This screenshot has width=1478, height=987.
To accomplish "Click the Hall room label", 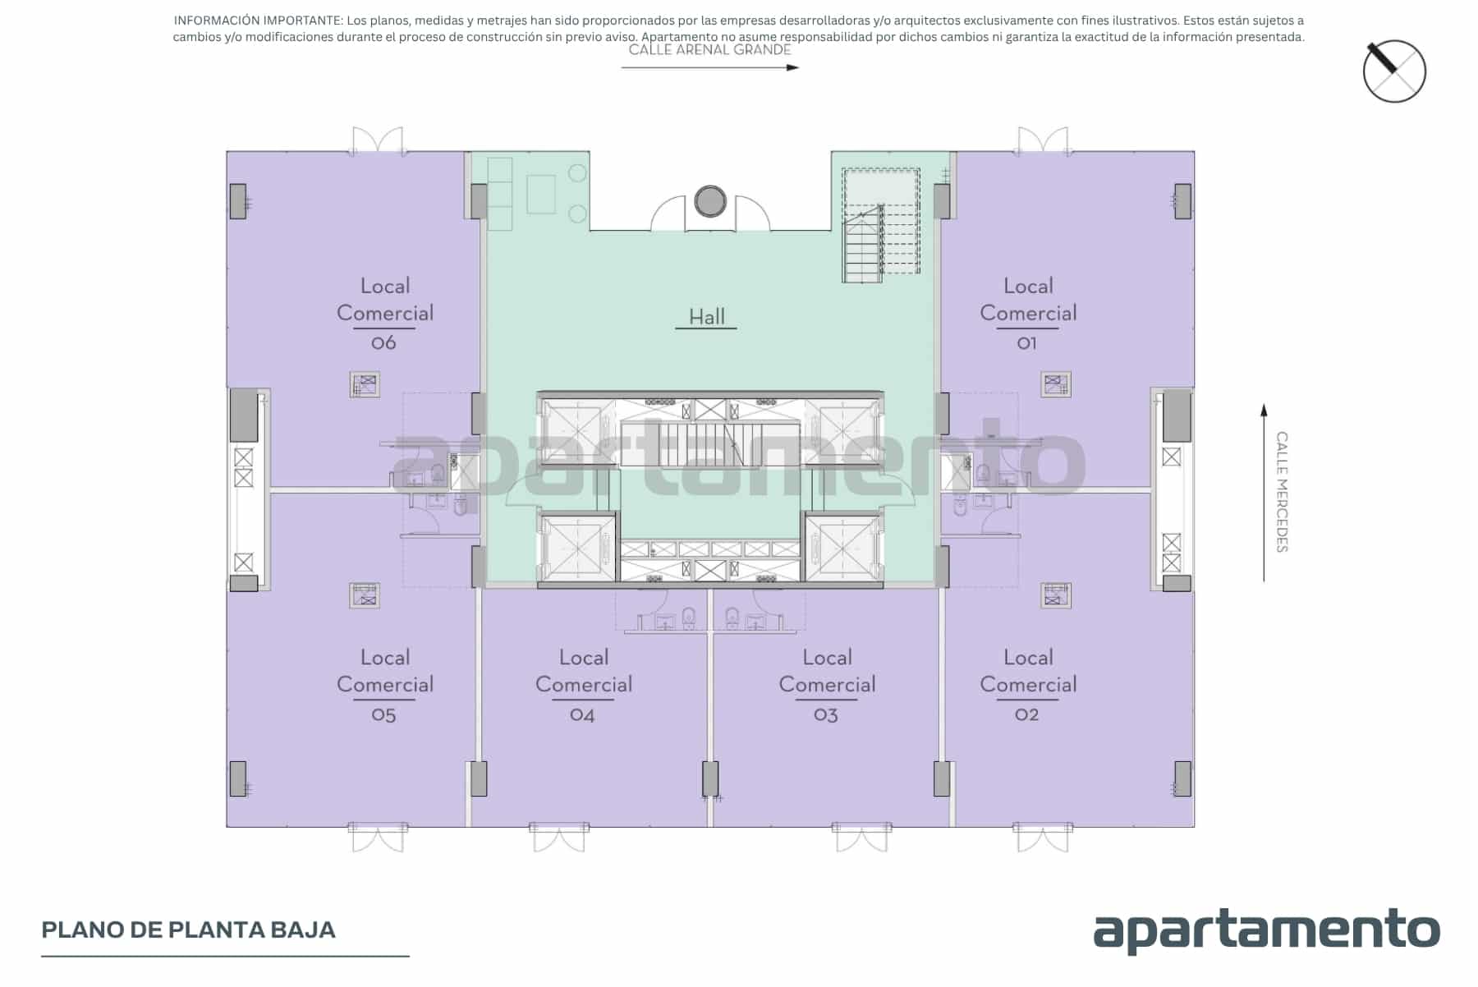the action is tap(706, 317).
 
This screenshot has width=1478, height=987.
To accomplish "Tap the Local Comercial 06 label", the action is tap(385, 314).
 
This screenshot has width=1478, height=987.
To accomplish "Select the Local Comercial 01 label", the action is tap(1028, 314).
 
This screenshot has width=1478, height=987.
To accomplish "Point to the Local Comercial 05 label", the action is tap(385, 686).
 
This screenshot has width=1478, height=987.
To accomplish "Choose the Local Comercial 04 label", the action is tap(584, 686).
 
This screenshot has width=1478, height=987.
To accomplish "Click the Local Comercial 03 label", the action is tap(827, 686).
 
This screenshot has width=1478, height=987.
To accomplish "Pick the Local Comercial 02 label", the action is tap(1028, 686).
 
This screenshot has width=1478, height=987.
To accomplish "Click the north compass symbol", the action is tap(1394, 71).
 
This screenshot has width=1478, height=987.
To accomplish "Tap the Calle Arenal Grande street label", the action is tap(710, 49).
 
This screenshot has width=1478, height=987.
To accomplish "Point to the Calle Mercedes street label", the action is tap(1282, 492).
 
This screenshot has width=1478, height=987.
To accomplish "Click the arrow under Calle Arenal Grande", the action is tap(710, 67).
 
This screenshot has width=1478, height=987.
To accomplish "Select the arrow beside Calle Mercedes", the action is tap(1265, 493).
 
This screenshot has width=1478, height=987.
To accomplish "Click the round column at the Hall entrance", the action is tap(710, 201).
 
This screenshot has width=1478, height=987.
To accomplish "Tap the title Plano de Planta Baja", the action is tap(189, 930).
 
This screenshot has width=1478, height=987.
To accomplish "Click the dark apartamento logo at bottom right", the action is tap(1266, 930).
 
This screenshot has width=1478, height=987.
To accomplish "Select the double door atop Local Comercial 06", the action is tap(378, 141).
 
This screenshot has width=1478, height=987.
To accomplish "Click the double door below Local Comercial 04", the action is tap(558, 837).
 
